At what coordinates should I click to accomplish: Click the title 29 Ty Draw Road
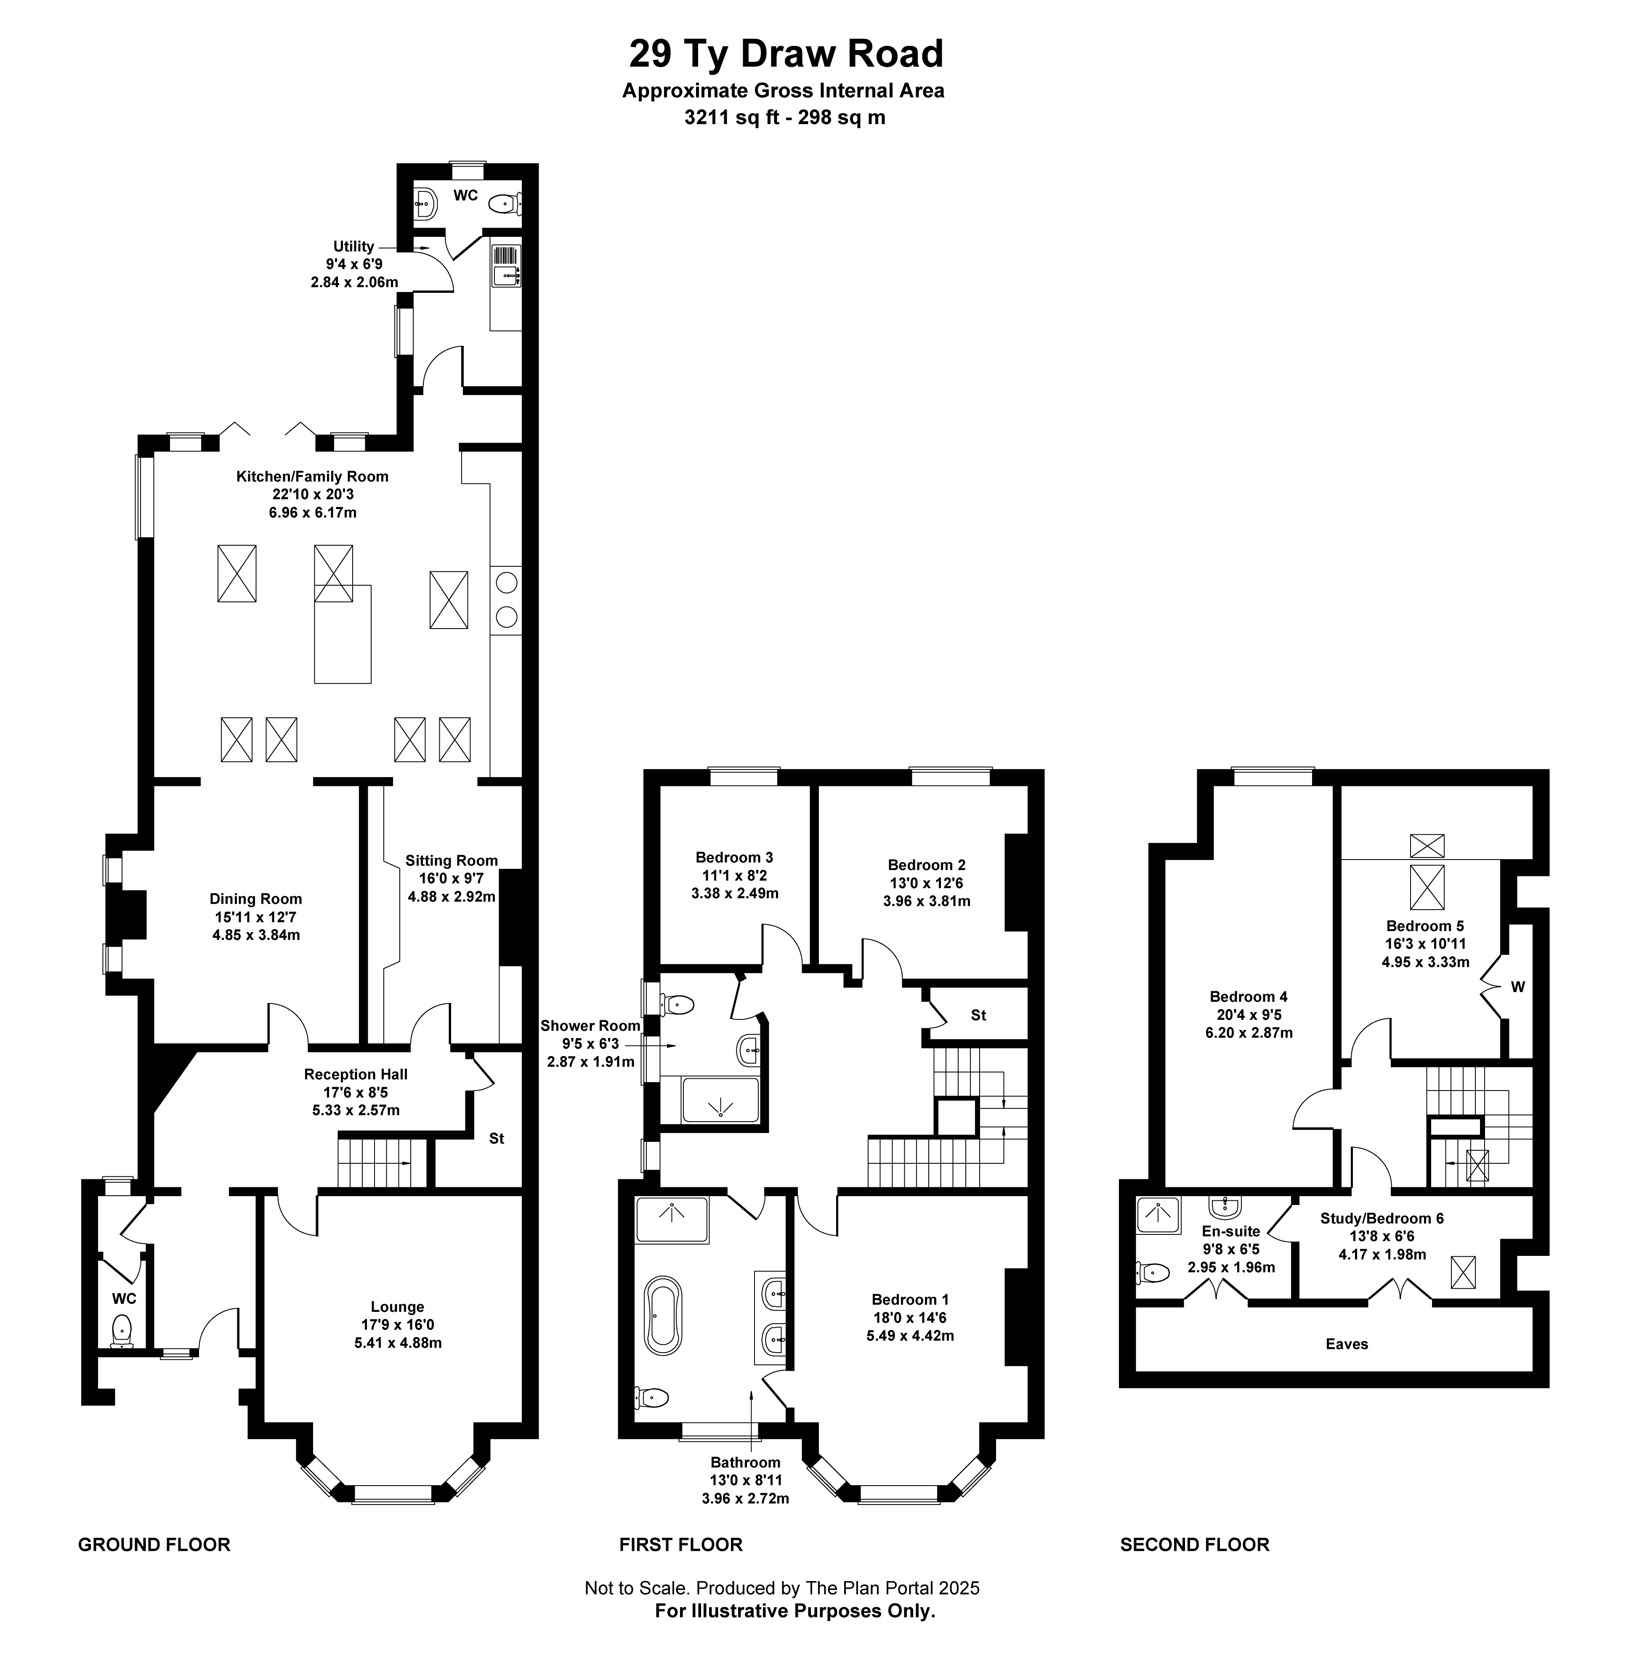786,54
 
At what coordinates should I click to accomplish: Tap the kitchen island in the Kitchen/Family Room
343,634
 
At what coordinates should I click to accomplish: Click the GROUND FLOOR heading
154,1544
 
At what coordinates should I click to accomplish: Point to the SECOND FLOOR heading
1195,1544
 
